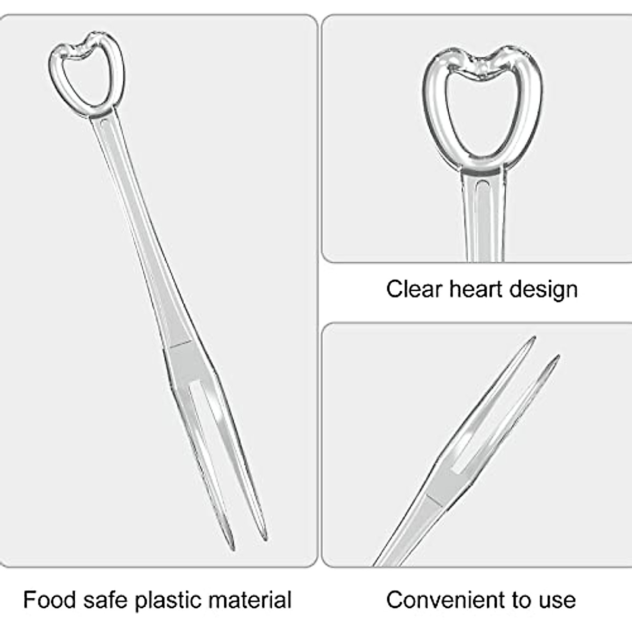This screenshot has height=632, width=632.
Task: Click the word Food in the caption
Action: click(49, 600)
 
